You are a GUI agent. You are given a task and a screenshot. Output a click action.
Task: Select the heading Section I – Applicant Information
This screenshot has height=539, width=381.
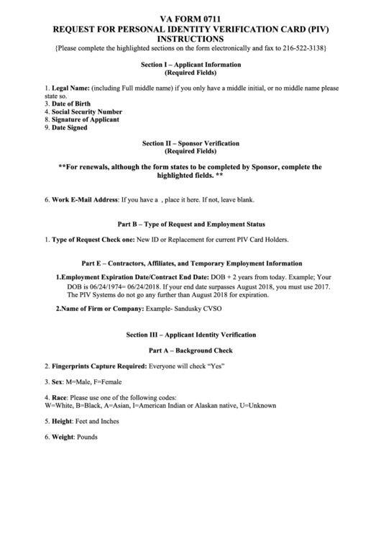(190, 65)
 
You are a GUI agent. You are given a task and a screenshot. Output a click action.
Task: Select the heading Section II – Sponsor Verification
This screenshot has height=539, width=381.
(190, 144)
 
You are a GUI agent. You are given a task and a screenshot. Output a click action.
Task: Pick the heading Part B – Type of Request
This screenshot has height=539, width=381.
(190, 224)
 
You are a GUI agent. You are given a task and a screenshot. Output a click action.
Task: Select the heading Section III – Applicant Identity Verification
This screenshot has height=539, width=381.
(190, 335)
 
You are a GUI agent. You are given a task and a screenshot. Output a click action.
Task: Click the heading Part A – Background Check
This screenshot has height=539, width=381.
(190, 350)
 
